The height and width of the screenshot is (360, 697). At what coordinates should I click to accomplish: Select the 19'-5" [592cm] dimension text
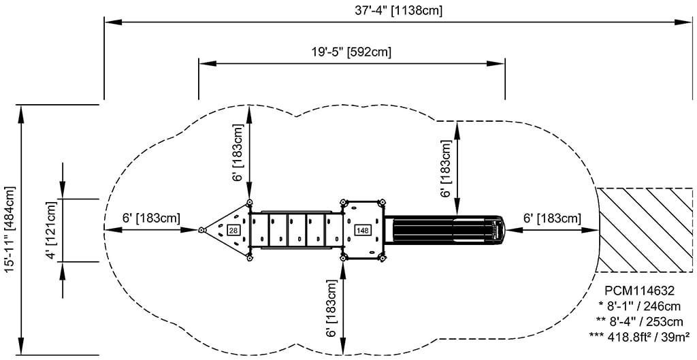click(x=351, y=52)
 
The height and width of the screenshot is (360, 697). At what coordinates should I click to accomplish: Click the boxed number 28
click(x=233, y=230)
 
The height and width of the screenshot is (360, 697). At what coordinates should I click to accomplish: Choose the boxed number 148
click(x=362, y=230)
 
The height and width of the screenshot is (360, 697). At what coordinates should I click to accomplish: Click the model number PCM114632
click(x=640, y=291)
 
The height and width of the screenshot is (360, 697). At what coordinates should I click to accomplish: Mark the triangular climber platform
click(x=225, y=230)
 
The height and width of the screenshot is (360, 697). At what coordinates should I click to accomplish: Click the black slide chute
click(x=444, y=229)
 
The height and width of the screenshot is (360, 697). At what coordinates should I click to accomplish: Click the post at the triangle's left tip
click(x=201, y=230)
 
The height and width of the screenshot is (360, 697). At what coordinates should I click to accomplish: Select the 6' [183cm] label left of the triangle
click(x=152, y=218)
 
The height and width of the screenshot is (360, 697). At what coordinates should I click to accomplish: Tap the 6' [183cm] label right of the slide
click(x=551, y=218)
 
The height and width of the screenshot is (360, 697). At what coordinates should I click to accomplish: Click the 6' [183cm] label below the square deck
click(x=332, y=308)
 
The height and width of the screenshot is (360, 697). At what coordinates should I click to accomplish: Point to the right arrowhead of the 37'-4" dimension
click(x=685, y=22)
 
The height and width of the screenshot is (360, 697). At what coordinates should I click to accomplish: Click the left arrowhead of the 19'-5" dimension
click(x=208, y=63)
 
